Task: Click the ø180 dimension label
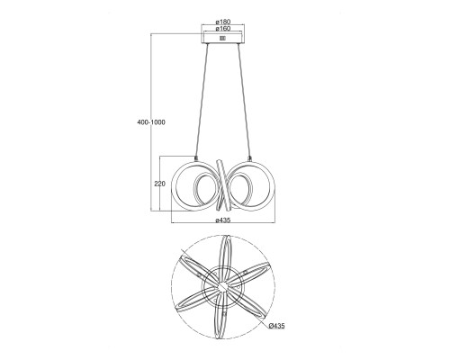(x=222, y=22)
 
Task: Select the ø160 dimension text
(x=222, y=28)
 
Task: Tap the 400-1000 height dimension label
(x=151, y=122)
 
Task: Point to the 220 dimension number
(x=159, y=184)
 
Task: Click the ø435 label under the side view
(x=222, y=220)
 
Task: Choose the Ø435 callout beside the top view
(x=277, y=326)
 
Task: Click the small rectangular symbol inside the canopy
(x=222, y=38)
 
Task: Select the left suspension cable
(x=202, y=100)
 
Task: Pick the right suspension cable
(x=244, y=100)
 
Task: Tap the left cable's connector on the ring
(x=196, y=157)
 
